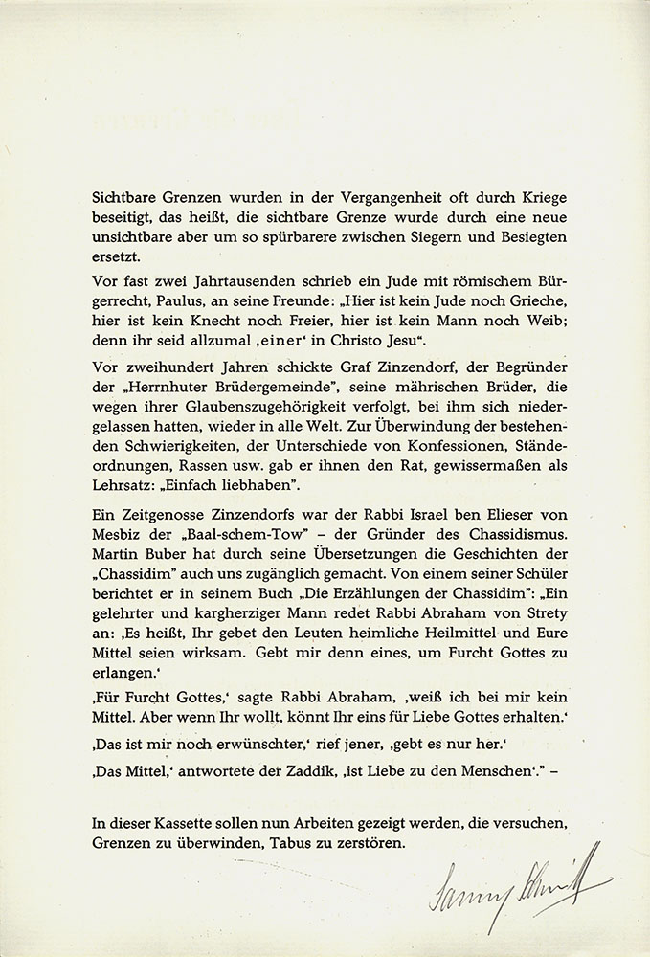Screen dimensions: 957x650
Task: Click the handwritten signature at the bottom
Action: pyautogui.click(x=518, y=879)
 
